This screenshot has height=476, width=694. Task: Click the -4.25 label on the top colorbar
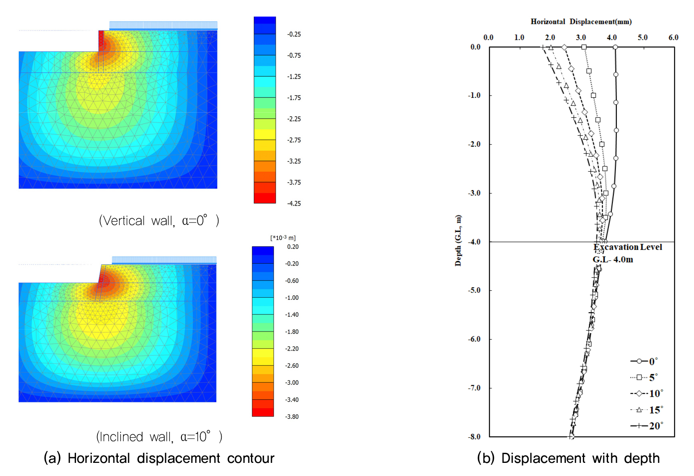294,203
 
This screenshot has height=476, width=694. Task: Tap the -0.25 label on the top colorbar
294,34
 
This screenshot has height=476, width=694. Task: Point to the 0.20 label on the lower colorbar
292,247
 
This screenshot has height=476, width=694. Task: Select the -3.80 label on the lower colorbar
292,417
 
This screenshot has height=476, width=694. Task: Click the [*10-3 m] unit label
283,238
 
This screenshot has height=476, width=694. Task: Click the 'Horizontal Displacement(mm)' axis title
581,21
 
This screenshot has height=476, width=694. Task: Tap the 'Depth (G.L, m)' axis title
458,240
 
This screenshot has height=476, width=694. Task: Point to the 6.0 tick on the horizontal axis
673,37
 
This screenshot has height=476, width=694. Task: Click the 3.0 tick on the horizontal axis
581,37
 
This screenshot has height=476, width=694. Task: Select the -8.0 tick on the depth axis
474,437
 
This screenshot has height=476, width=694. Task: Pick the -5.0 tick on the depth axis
474,291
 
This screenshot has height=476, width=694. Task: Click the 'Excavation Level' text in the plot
628,247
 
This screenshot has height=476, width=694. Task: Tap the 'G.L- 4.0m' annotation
613,259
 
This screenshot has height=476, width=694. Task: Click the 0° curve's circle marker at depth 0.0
615,47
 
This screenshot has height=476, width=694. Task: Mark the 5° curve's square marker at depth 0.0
584,47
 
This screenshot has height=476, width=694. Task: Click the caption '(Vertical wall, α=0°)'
159,220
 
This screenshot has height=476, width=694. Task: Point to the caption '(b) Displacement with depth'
568,458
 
